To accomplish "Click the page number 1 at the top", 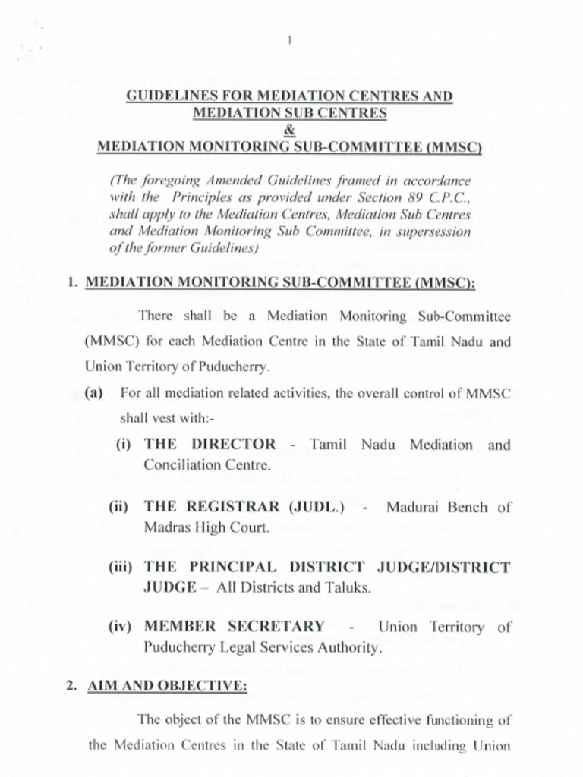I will pyautogui.click(x=290, y=41).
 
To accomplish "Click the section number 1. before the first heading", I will pyautogui.click(x=73, y=283).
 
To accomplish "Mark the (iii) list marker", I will pyautogui.click(x=122, y=568).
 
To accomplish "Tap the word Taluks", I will pyautogui.click(x=348, y=588).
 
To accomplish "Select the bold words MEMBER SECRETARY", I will pyautogui.click(x=234, y=627).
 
